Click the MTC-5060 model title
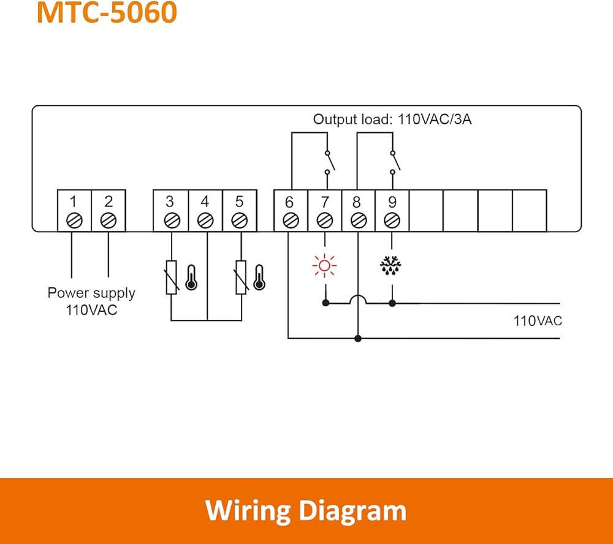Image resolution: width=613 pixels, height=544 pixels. pos(107,12)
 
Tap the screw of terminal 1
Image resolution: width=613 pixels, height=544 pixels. pos(74,221)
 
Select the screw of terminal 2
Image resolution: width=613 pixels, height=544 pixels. pos(109,221)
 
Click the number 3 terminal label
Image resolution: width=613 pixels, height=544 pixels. pos(170,202)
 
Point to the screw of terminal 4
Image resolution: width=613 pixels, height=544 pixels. pos(205,221)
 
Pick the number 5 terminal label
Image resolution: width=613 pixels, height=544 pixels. pos(239,202)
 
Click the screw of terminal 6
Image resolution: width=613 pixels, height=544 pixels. pos(291,221)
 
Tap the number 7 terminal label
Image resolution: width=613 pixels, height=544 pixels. pos(325,202)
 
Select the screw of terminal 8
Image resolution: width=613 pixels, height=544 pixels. pos(359,221)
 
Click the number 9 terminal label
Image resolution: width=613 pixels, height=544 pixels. pos(392,202)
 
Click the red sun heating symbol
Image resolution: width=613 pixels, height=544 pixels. pos(324,266)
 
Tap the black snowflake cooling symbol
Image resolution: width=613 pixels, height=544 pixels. pos(390,266)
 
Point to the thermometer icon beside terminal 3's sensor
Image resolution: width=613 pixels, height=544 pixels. pos(191,278)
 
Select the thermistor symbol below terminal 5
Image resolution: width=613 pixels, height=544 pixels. pos(241,277)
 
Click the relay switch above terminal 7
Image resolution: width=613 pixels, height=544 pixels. pos(330,162)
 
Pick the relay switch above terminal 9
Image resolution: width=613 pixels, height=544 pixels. pos(395,162)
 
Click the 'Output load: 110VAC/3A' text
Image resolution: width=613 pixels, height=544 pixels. pos(392,119)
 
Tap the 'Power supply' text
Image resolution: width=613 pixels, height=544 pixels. pos(91,293)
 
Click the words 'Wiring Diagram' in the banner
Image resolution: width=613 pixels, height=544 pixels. pos(306,510)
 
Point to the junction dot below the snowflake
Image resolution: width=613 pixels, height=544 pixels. pos(392,303)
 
